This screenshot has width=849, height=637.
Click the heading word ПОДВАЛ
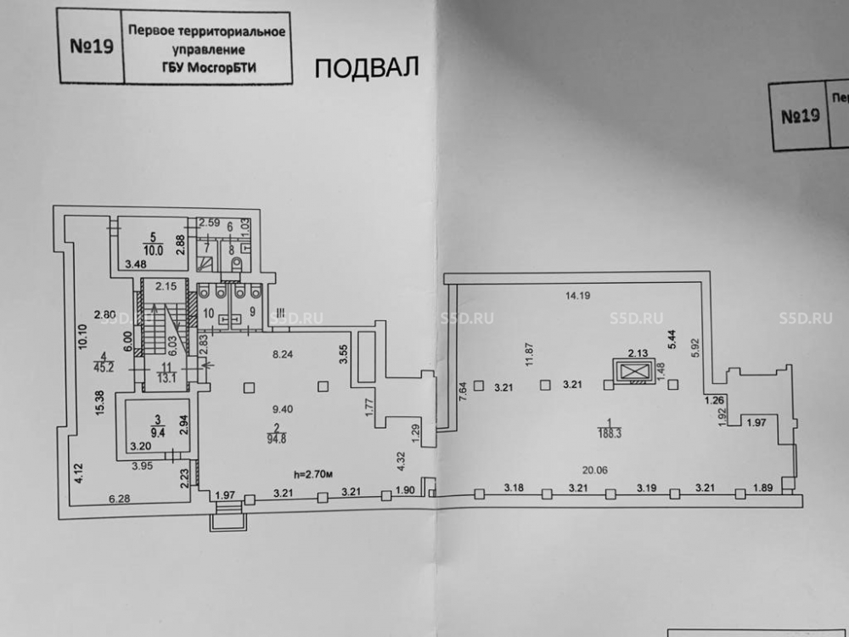pos(368,68)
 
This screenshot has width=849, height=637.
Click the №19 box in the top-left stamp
pos(92,46)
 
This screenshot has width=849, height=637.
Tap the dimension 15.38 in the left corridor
pos(101,403)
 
